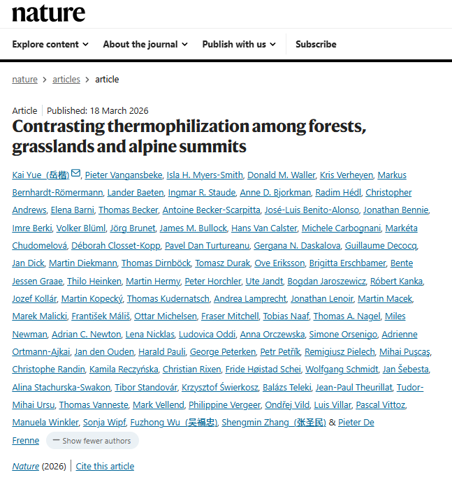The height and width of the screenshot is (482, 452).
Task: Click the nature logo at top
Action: [48, 13]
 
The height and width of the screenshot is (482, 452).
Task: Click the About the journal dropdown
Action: [145, 44]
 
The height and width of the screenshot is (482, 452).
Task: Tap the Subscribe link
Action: [316, 44]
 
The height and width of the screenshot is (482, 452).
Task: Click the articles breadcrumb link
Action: [66, 80]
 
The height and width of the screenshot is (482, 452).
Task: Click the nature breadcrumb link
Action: [24, 80]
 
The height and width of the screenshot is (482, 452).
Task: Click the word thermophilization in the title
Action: [164, 127]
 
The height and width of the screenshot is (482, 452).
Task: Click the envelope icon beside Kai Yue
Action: [76, 174]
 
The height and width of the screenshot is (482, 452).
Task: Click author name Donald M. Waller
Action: [282, 175]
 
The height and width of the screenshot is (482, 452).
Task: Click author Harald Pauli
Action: [161, 351]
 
